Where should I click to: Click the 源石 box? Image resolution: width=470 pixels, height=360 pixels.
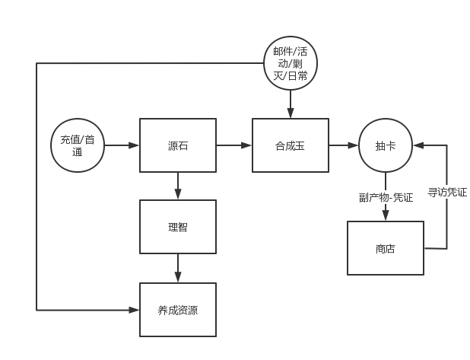point(177,145)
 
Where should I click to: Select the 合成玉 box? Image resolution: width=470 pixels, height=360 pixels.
point(291,145)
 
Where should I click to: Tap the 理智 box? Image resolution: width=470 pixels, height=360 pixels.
point(177,227)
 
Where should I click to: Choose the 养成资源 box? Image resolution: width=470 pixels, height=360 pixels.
point(177,310)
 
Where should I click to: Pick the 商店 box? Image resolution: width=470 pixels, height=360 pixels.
point(385,248)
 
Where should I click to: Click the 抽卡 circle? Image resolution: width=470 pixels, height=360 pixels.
point(385,145)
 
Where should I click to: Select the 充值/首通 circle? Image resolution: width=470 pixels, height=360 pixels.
point(77,145)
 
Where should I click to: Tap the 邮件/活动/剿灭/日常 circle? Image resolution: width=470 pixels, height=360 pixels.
point(290,62)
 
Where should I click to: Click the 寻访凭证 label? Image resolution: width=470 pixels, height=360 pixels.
point(446,192)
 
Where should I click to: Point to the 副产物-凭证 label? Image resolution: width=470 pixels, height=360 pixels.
point(386,197)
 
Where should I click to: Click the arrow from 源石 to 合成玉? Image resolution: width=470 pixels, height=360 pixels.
point(233,145)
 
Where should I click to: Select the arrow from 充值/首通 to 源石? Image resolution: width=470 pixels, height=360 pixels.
point(122,145)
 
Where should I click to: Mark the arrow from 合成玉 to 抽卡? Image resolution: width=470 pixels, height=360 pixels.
point(343,145)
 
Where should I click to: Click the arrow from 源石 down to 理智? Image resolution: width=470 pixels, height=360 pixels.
point(177,185)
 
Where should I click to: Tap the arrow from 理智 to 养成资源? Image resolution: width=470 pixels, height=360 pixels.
point(177,268)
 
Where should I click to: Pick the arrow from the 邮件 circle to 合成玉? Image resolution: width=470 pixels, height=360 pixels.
point(290,103)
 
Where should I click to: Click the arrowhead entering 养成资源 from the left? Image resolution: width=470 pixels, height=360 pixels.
point(135,310)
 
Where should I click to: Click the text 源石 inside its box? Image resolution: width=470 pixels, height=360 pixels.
point(177,145)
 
